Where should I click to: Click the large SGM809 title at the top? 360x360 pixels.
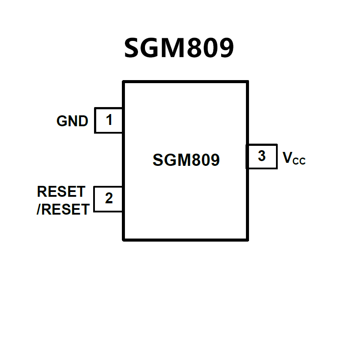click(x=179, y=48)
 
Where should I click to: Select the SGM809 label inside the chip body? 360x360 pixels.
click(x=186, y=160)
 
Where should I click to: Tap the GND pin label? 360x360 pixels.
click(x=72, y=121)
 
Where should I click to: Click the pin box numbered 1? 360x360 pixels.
click(x=108, y=120)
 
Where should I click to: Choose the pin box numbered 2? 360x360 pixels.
click(x=108, y=199)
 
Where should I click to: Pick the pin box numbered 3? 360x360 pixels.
click(x=262, y=156)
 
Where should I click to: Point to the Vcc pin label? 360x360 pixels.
click(x=294, y=158)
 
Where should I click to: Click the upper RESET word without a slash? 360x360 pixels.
click(x=61, y=192)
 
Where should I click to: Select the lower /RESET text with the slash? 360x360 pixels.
click(x=63, y=209)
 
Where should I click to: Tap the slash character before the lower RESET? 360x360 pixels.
click(x=39, y=210)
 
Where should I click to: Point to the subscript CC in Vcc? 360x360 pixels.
click(x=299, y=161)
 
